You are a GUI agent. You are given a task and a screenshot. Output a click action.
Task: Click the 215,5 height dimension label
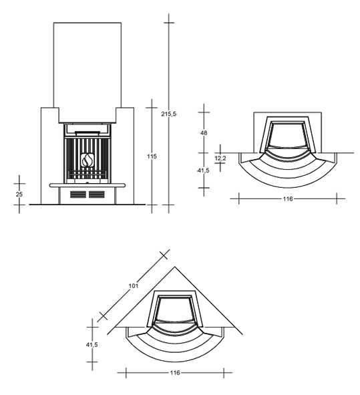(169, 114)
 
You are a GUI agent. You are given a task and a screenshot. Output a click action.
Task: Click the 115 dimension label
(152, 156)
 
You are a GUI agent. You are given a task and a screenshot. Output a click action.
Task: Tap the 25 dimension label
(19, 194)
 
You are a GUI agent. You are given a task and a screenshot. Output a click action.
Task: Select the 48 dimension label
(204, 133)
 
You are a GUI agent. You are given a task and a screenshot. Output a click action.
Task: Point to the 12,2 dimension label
(220, 158)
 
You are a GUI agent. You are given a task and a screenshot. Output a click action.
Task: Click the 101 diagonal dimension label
(134, 285)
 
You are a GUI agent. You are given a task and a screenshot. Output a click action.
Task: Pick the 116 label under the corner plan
(175, 372)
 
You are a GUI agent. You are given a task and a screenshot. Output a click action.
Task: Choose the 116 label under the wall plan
(288, 199)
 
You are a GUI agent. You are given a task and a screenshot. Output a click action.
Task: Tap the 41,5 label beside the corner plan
(92, 345)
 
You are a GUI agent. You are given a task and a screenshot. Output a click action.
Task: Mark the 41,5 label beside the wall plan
(204, 170)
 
